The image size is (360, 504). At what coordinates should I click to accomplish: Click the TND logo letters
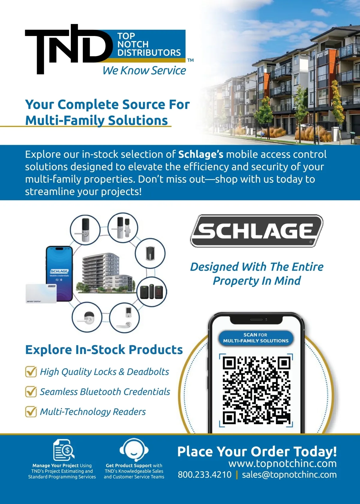67,48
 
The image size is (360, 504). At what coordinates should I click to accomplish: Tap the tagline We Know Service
144,70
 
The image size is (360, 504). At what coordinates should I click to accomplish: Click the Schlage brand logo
257,231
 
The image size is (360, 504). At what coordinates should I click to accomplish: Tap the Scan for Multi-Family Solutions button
256,338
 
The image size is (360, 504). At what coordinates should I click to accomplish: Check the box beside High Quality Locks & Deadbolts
31,372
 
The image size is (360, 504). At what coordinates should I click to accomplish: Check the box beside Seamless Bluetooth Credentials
31,391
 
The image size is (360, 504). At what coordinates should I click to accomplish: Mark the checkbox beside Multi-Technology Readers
31,412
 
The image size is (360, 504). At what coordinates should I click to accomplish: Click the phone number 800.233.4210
205,475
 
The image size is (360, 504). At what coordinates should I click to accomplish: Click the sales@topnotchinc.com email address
289,475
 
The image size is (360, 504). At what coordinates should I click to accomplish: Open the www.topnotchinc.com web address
282,463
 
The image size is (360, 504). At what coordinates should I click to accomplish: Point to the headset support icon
134,450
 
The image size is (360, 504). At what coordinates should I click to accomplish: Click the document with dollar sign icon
64,450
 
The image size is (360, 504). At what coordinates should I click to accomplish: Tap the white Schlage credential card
41,294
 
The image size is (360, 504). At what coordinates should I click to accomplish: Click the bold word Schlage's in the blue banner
201,154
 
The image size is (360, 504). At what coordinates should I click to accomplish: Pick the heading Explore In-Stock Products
104,350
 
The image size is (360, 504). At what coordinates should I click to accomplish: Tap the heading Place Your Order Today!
257,451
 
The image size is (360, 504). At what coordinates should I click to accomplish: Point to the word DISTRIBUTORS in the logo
149,52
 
